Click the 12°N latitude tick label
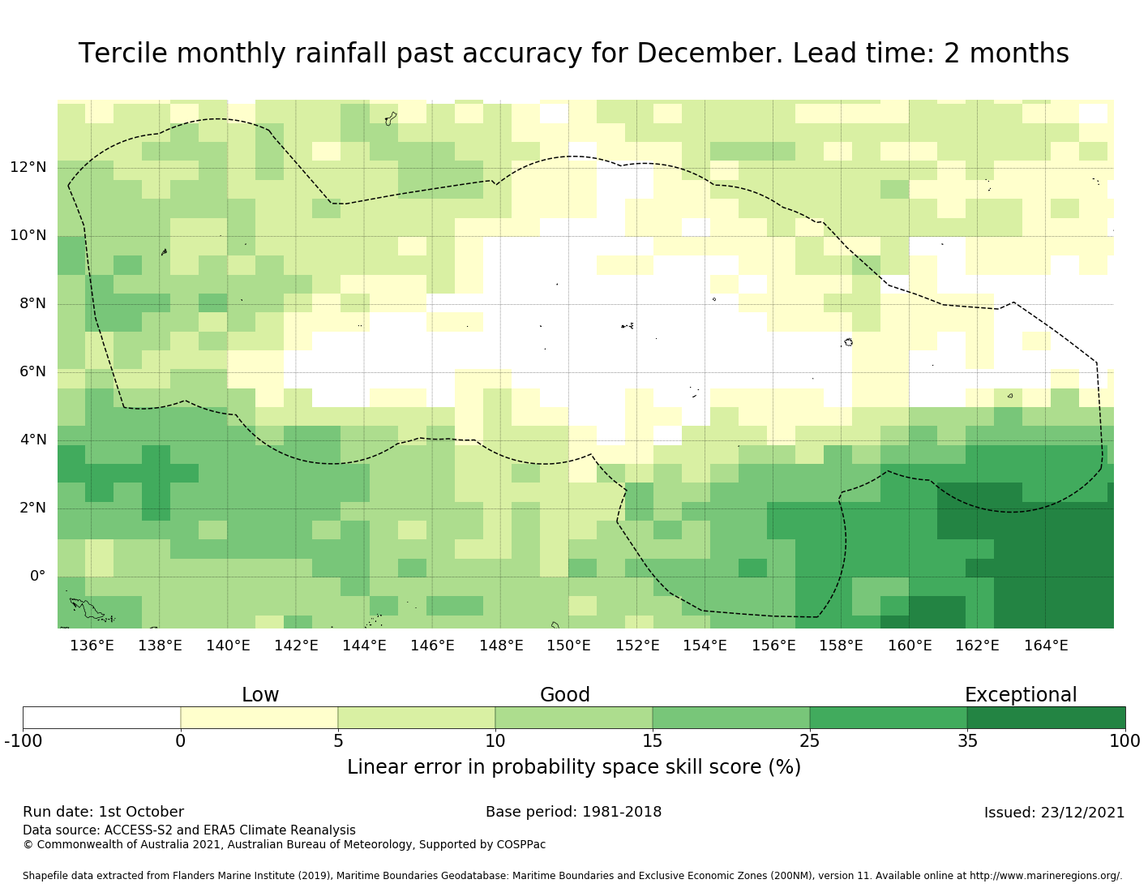tap(28, 168)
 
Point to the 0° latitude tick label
tap(37, 577)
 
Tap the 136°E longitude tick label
tap(92, 646)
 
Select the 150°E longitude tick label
tap(568, 646)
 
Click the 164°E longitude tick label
tap(1046, 646)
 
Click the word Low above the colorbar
tap(260, 695)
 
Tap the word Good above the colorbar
tap(565, 695)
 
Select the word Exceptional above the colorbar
tap(1021, 695)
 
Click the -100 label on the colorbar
tap(23, 740)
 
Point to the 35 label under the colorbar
tap(967, 740)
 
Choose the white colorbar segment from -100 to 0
tap(101, 718)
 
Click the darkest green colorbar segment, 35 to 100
tap(1046, 718)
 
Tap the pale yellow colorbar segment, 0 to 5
tap(259, 718)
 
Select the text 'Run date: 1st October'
tap(103, 812)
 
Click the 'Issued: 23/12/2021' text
tap(1054, 813)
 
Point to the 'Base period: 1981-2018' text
tap(573, 812)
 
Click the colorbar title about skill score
tap(573, 767)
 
